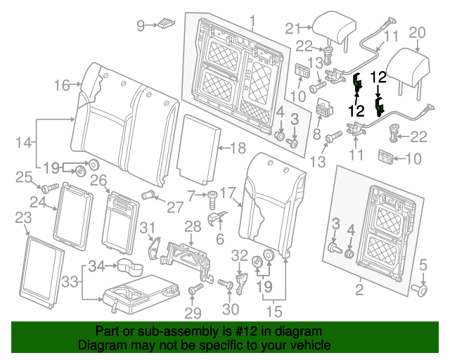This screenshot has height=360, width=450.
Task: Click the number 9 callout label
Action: [141, 26]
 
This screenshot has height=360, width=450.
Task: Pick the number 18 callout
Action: [238, 148]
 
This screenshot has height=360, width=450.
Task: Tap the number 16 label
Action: [61, 86]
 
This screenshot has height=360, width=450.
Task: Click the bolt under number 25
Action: [49, 188]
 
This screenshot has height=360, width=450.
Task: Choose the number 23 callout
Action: [22, 218]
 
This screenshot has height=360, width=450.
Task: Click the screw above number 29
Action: [195, 290]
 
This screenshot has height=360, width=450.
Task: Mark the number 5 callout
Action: [423, 264]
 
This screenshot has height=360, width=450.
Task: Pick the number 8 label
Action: [316, 134]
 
